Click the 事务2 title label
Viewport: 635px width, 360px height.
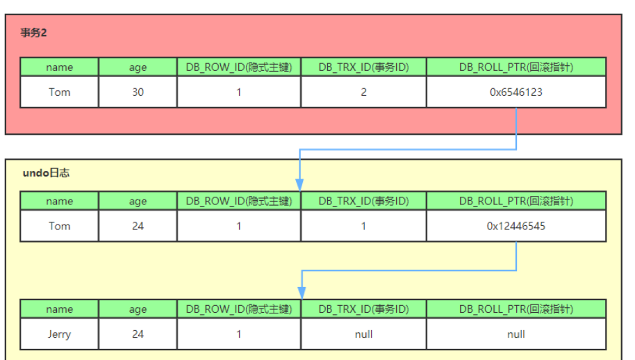pyautogui.click(x=34, y=33)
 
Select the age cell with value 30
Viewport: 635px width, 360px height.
pyautogui.click(x=138, y=92)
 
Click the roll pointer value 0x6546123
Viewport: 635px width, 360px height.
pyautogui.click(x=516, y=92)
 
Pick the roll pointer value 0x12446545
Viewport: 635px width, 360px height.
pyautogui.click(x=516, y=226)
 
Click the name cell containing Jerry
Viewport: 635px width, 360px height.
pyautogui.click(x=59, y=334)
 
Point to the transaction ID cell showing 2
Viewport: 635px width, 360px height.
pyautogui.click(x=363, y=92)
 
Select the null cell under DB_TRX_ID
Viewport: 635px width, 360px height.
pyautogui.click(x=363, y=334)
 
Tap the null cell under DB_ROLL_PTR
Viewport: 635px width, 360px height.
pyautogui.click(x=516, y=334)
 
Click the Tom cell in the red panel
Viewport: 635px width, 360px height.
pyautogui.click(x=59, y=92)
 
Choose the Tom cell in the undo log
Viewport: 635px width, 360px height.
pyautogui.click(x=59, y=226)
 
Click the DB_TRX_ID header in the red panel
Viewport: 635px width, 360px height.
pyautogui.click(x=363, y=67)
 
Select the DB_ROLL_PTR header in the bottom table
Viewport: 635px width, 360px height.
pyautogui.click(x=516, y=309)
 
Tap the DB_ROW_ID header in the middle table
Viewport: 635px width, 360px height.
pyautogui.click(x=239, y=202)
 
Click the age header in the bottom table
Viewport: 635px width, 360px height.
pyautogui.click(x=138, y=309)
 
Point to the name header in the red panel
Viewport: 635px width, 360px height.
pyautogui.click(x=59, y=67)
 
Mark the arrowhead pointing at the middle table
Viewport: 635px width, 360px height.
pyautogui.click(x=300, y=185)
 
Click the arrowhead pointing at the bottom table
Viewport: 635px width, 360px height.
pyautogui.click(x=300, y=293)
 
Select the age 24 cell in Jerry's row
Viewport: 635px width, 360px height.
pyautogui.click(x=138, y=334)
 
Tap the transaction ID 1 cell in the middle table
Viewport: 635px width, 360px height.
pyautogui.click(x=363, y=226)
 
